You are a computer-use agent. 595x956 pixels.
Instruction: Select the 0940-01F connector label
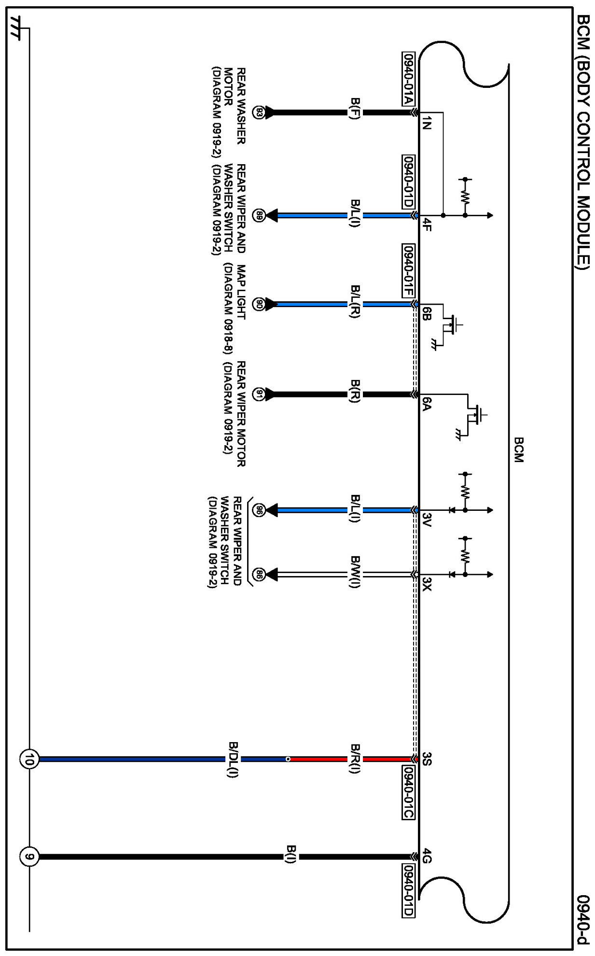[x=408, y=270]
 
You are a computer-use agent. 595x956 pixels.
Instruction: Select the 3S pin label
[x=426, y=759]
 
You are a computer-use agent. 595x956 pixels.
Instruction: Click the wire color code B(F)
[x=355, y=112]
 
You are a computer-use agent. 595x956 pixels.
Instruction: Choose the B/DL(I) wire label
[x=234, y=759]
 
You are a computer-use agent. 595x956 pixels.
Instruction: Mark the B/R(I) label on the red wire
[x=355, y=759]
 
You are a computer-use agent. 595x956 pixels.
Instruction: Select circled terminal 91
[x=259, y=394]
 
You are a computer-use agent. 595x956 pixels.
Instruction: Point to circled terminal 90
[x=259, y=304]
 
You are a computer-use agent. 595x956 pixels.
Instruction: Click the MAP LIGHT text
[x=241, y=292]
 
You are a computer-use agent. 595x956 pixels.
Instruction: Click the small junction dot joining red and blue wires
[x=288, y=759]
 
